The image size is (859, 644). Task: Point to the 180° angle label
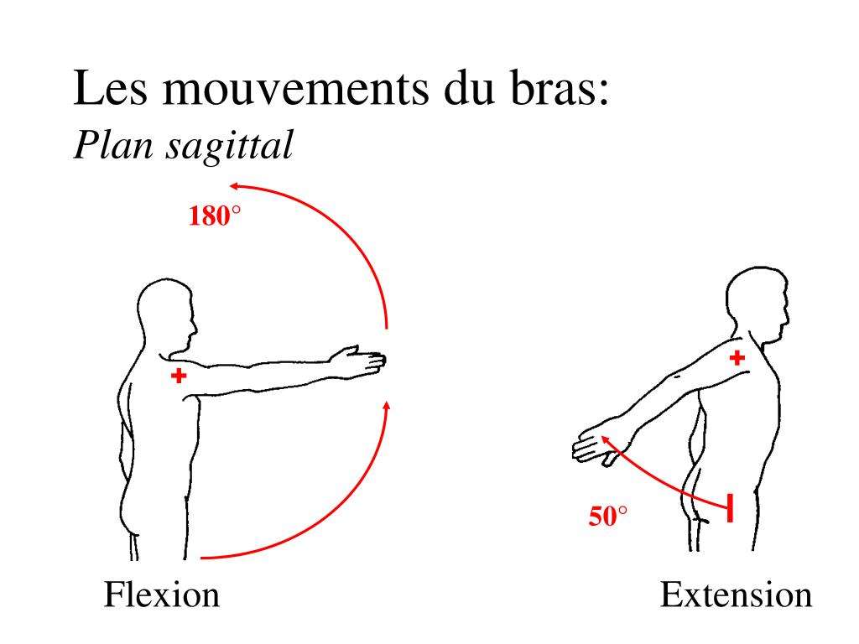(214, 217)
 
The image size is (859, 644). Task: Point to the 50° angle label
(607, 517)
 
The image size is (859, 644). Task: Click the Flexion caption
(162, 595)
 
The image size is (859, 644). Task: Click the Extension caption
(736, 595)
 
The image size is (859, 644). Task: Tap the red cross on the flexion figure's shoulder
(178, 377)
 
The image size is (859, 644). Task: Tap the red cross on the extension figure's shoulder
(737, 358)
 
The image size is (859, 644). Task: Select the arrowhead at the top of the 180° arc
(237, 185)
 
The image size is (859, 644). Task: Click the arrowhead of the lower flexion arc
(387, 407)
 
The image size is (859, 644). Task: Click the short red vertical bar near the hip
(730, 508)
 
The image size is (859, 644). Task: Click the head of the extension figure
(757, 302)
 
